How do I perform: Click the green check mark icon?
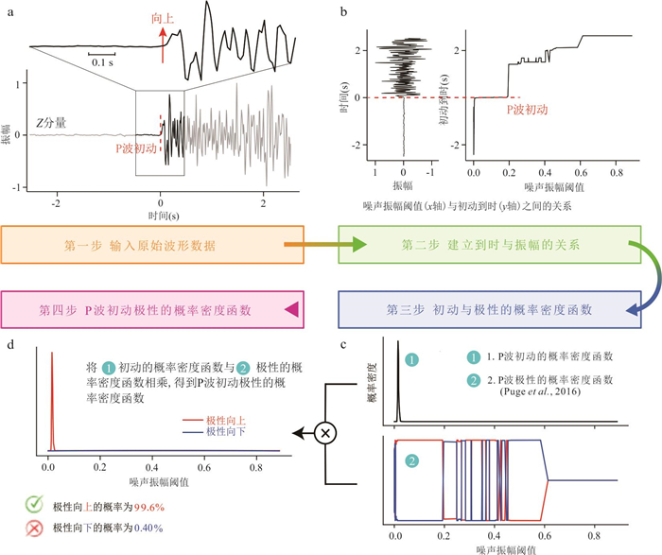pyautogui.click(x=33, y=505)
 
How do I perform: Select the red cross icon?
pyautogui.click(x=33, y=527)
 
